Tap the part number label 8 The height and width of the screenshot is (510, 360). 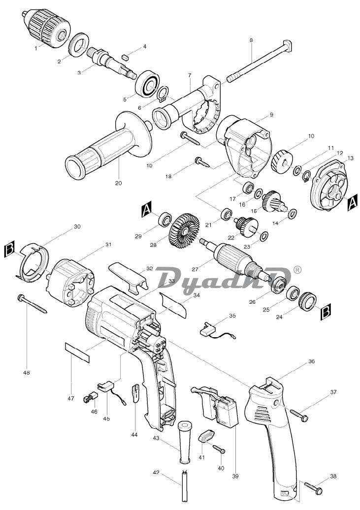click(x=252, y=40)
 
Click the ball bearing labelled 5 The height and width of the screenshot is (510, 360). click(x=147, y=82)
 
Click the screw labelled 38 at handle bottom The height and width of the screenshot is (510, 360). click(x=313, y=487)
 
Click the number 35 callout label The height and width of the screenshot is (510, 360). click(x=232, y=316)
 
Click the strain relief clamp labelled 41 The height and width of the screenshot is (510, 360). click(x=206, y=436)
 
